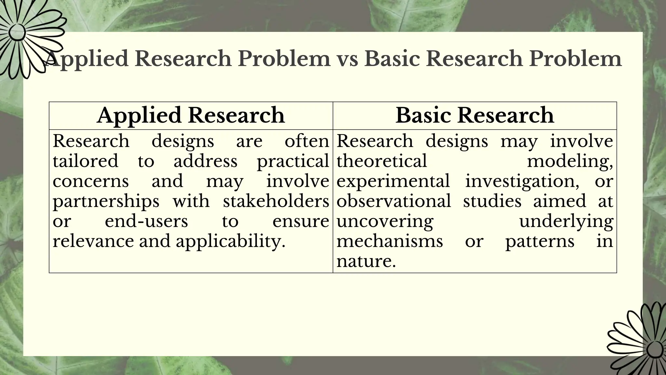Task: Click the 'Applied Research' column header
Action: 191,116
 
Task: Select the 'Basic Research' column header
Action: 474,116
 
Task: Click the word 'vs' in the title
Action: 347,59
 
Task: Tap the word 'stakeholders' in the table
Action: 276,201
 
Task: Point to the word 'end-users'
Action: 146,221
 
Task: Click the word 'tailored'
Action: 86,161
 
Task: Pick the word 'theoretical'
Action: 381,161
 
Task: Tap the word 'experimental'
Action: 393,181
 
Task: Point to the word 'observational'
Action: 393,201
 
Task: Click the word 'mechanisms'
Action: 390,242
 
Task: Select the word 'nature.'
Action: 366,261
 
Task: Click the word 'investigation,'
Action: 522,182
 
